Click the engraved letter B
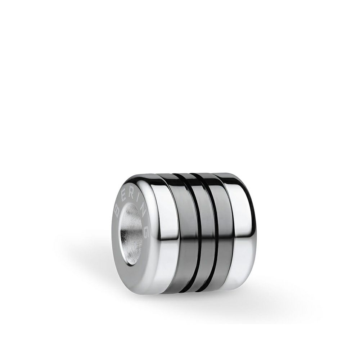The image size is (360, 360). point(117,209)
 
